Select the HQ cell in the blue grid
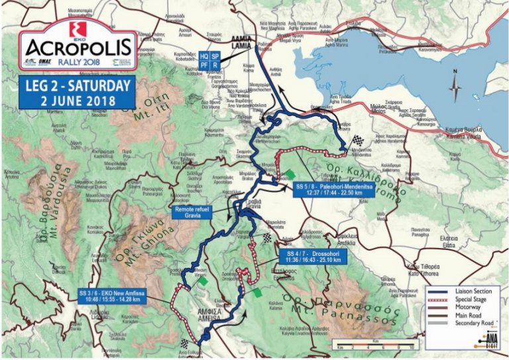204,56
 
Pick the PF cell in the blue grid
204,66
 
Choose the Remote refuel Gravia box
192,211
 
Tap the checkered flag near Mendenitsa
359,141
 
